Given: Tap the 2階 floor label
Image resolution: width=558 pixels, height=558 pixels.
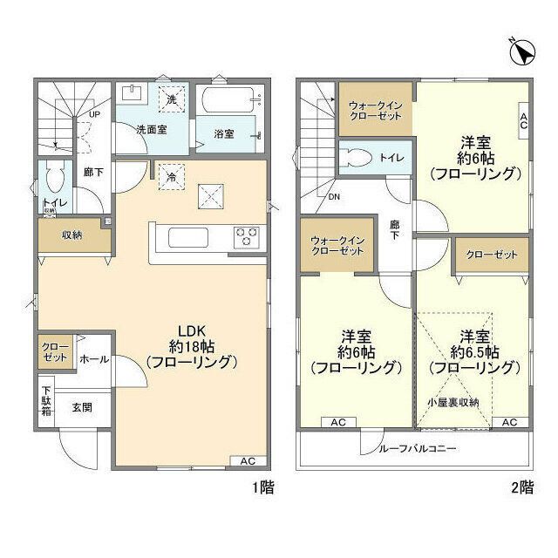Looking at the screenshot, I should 522,489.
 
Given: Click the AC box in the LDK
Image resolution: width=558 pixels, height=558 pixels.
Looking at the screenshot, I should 248,460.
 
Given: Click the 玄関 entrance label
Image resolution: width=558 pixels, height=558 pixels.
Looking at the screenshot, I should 83,407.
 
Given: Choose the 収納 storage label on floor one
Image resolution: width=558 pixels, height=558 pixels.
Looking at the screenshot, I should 71,235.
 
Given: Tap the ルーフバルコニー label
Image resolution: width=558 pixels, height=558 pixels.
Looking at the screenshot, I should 417,449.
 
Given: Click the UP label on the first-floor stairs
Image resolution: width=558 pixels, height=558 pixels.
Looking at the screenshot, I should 92,114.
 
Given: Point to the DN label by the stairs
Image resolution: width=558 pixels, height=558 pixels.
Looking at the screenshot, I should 334,196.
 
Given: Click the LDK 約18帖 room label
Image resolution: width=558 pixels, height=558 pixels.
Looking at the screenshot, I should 192,346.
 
